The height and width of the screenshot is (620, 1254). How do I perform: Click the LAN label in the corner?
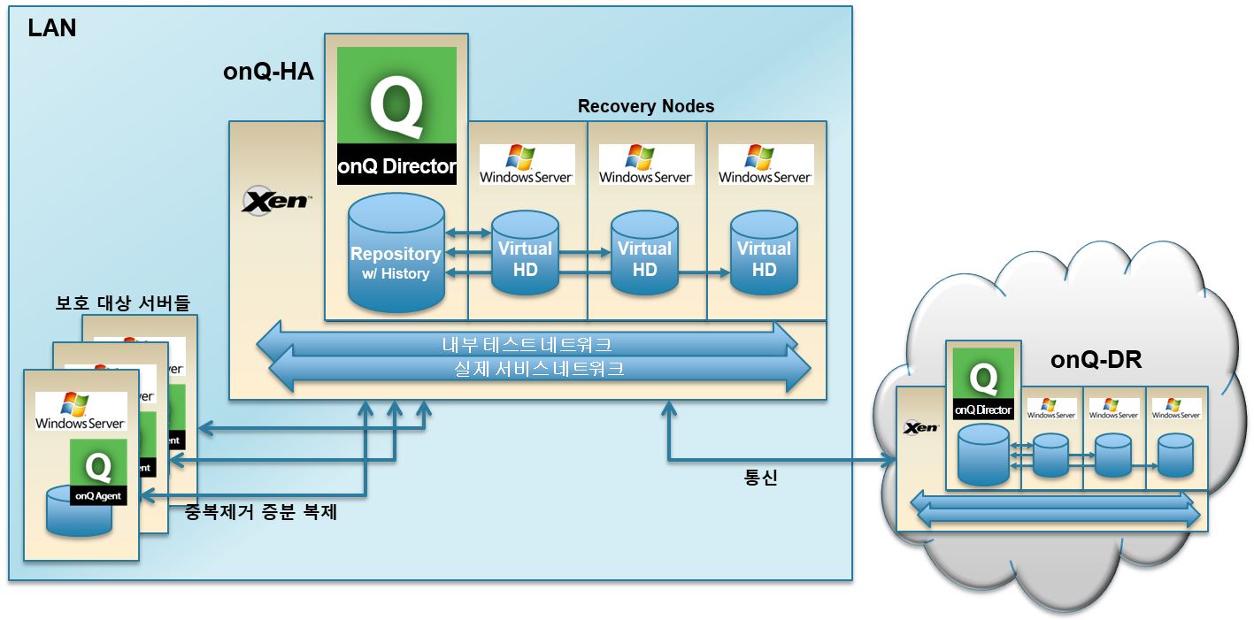click(x=52, y=28)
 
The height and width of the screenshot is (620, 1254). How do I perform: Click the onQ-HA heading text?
click(x=268, y=72)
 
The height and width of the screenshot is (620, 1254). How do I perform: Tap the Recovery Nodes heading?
click(x=646, y=106)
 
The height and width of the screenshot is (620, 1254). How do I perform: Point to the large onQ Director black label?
click(x=396, y=165)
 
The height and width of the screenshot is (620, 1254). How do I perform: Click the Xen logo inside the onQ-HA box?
click(x=275, y=201)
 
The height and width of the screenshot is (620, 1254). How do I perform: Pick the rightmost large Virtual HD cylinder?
click(x=764, y=256)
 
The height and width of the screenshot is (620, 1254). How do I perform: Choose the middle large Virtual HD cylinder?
click(x=644, y=256)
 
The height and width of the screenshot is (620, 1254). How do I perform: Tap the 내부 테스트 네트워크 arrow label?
click(x=527, y=343)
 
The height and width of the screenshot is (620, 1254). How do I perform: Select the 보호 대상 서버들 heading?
click(x=123, y=302)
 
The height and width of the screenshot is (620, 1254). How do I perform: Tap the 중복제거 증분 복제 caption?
click(x=261, y=511)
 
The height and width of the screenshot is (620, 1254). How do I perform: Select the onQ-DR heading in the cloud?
click(x=1096, y=361)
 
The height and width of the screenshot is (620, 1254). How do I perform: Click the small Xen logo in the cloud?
click(x=920, y=428)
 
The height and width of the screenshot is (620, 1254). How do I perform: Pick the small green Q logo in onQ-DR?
click(x=982, y=378)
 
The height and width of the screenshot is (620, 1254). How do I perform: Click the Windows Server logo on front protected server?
click(x=81, y=412)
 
